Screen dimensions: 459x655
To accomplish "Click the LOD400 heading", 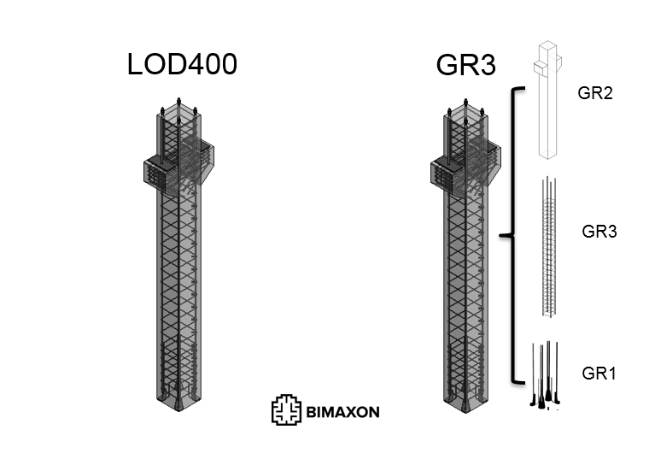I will tap(181, 66).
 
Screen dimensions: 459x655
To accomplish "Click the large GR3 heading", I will tap(466, 66).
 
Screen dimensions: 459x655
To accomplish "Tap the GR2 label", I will tap(595, 93).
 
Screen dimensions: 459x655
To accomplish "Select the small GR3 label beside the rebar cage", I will tap(599, 231).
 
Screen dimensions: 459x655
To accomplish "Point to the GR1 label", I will tap(599, 374).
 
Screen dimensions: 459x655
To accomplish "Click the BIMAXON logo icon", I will tap(286, 410).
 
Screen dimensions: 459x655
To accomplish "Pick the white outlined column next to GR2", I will tap(547, 111).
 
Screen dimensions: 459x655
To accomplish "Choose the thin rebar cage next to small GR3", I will tap(548, 248).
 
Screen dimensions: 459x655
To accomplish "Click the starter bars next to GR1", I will tap(547, 376).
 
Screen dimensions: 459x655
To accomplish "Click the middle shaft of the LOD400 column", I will tap(178, 274).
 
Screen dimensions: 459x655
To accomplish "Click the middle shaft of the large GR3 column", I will tap(465, 274).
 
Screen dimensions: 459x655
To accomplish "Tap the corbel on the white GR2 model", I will tap(546, 63).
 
